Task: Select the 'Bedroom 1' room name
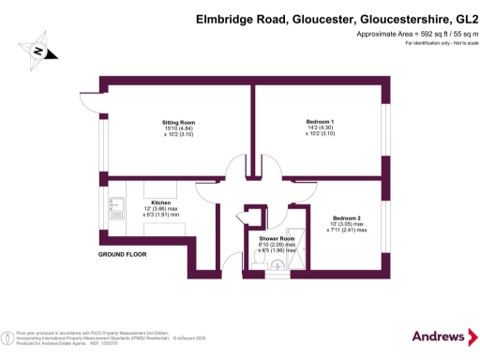319,123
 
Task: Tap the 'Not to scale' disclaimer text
452,43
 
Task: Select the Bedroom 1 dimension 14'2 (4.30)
319,128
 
